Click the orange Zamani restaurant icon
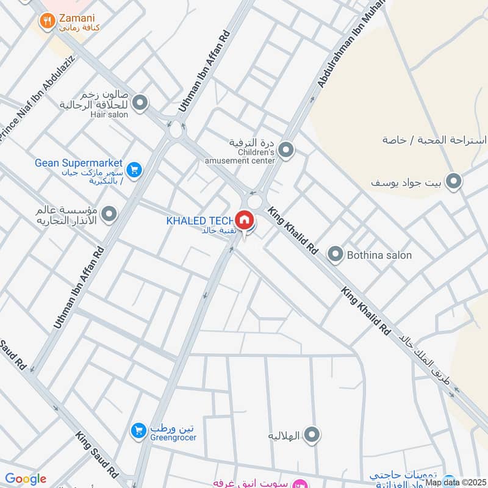tap(46, 23)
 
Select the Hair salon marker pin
tap(140, 103)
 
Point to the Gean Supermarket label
tap(79, 163)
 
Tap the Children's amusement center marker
tap(285, 149)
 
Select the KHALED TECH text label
tap(199, 221)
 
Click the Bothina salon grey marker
tap(335, 255)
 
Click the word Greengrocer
tap(173, 437)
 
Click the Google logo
tap(26, 479)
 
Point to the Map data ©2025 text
tap(455, 483)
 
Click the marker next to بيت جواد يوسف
tap(453, 181)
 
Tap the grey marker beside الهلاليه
tap(312, 435)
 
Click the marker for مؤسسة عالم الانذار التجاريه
tap(110, 214)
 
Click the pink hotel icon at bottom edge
tap(299, 484)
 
